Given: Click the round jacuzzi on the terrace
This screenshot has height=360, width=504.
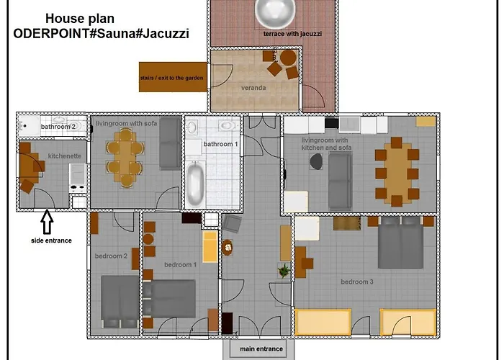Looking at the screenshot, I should [x=274, y=11].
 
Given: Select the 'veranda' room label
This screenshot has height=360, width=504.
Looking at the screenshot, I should [x=254, y=88].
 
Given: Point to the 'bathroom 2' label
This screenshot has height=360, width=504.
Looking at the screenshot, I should [x=58, y=127].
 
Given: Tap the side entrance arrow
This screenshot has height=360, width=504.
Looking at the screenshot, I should [x=48, y=220].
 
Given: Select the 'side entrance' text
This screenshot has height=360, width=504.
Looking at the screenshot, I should [x=51, y=240].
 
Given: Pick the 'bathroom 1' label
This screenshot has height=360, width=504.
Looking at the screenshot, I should [x=219, y=144].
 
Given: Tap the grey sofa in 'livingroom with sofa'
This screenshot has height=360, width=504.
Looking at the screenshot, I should [x=170, y=142].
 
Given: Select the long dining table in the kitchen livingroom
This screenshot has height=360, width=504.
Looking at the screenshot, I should [x=397, y=171].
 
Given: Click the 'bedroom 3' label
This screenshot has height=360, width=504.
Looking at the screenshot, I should [x=356, y=282].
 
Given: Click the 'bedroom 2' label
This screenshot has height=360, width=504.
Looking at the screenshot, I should [x=111, y=256].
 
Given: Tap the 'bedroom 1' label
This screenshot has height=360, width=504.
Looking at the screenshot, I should [x=180, y=265].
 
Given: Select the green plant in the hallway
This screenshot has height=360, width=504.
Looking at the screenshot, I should [x=284, y=271].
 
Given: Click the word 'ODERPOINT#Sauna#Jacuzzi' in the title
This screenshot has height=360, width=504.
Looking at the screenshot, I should [x=101, y=33].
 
